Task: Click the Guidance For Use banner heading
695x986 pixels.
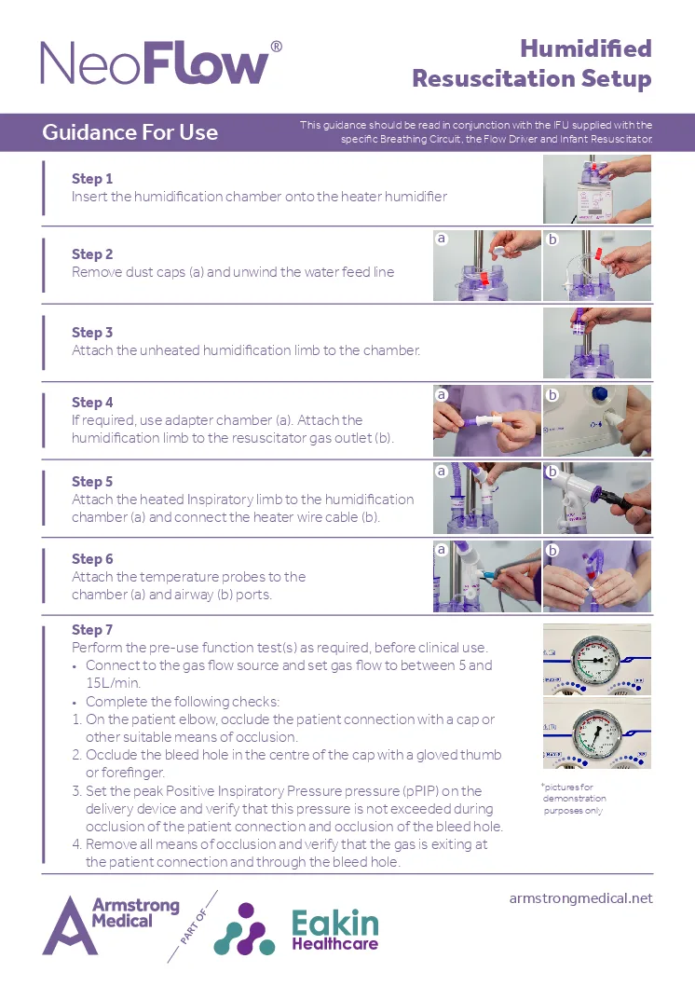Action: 129,132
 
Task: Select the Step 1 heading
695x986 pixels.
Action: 92,178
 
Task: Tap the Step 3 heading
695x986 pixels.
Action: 92,332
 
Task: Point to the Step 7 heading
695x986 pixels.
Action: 92,630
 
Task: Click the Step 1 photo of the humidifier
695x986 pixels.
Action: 596,189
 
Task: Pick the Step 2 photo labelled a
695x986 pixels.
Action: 486,266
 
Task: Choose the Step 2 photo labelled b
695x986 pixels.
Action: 596,266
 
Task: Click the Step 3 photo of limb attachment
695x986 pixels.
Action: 596,343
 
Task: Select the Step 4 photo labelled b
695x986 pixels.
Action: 596,420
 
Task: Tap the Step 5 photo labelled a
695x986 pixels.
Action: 486,498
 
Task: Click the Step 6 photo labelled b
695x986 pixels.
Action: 596,576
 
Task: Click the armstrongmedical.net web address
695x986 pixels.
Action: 580,898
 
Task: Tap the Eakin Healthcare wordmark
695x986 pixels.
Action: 334,930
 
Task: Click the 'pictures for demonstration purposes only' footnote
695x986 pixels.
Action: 574,799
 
